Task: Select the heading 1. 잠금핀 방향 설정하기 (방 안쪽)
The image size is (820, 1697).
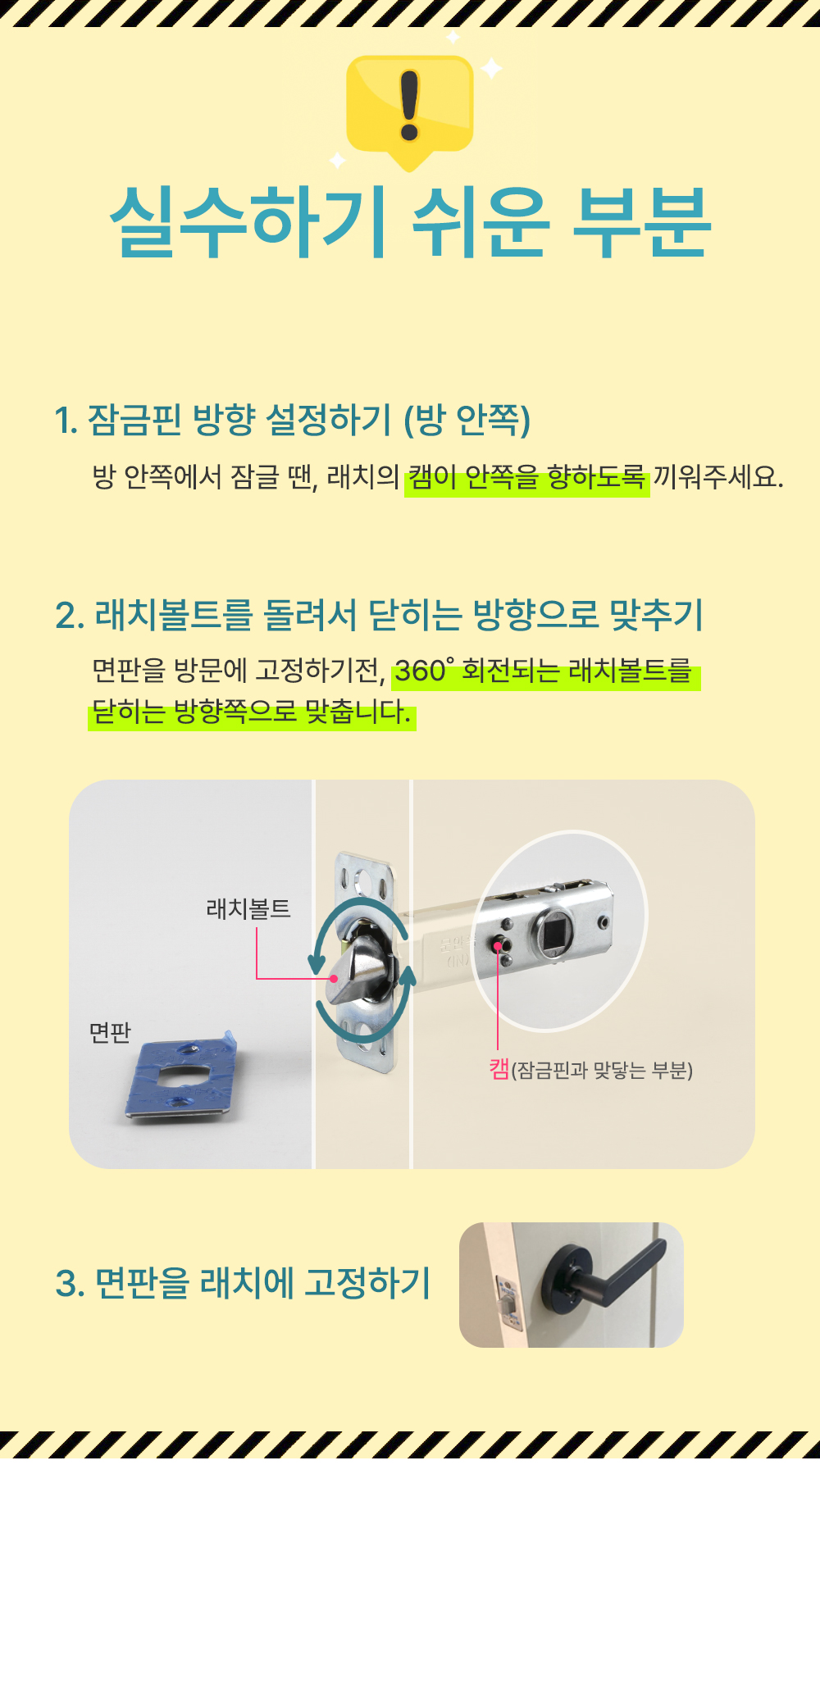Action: (x=293, y=420)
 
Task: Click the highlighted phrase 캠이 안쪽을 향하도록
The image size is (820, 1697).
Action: (x=527, y=477)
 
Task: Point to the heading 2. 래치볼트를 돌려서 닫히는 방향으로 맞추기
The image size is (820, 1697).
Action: (x=380, y=615)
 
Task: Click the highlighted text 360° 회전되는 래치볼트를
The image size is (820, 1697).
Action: (x=546, y=671)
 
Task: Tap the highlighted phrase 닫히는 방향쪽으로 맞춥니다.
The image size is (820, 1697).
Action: (x=252, y=712)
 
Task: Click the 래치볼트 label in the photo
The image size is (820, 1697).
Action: (x=248, y=908)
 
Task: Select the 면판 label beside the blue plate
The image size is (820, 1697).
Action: (x=110, y=1032)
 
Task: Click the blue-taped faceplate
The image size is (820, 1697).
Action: (x=181, y=1077)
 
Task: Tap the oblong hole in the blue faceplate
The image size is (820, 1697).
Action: (x=180, y=1076)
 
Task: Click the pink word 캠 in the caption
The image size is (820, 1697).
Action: (x=499, y=1070)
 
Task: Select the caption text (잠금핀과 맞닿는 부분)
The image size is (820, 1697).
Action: (x=602, y=1071)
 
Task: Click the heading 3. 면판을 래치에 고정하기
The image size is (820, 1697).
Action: (x=243, y=1283)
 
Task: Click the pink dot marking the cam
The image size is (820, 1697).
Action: (x=498, y=948)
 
